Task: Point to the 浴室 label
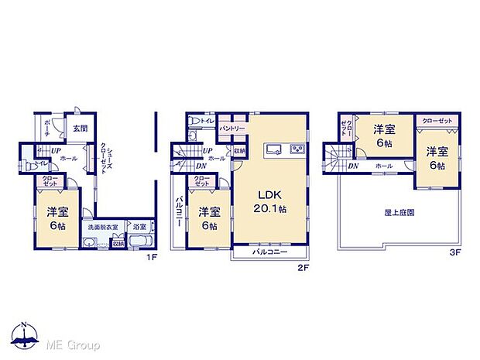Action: (140, 228)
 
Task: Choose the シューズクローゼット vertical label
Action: (109, 163)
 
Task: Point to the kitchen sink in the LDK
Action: (273, 149)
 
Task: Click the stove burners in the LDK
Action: (297, 149)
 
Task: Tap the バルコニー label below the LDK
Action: (269, 252)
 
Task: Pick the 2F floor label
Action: (304, 268)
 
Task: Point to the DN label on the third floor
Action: (353, 166)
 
